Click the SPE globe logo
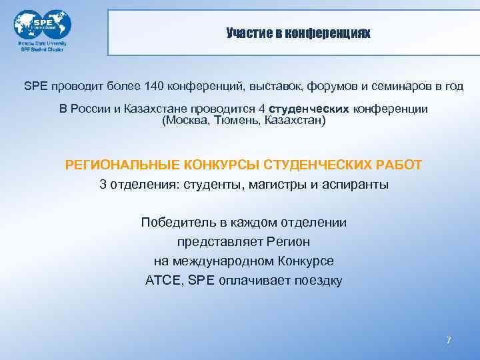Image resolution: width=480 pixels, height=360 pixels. tap(42, 25)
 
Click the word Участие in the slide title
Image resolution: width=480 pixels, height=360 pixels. tap(245, 33)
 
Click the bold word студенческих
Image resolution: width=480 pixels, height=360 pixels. tap(317, 109)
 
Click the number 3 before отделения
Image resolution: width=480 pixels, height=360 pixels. tap(103, 185)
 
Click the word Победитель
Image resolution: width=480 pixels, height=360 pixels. tap(175, 222)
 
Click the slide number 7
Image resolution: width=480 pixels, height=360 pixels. tap(449, 341)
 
